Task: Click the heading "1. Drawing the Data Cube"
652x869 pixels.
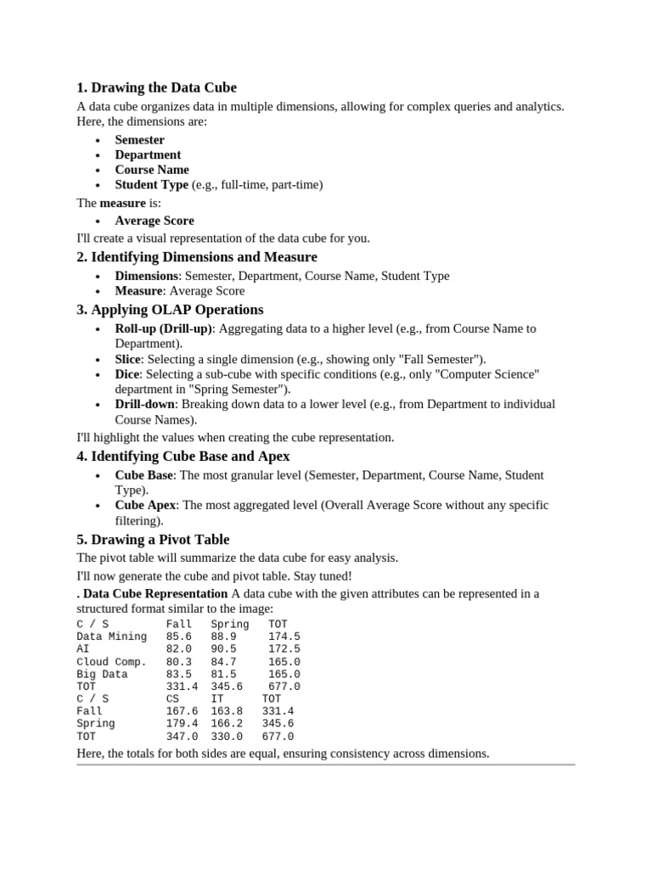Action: click(156, 87)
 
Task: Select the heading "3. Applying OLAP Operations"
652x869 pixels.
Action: click(170, 309)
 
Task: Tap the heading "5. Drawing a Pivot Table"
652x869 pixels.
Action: click(153, 539)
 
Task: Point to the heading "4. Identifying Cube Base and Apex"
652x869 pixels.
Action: click(183, 456)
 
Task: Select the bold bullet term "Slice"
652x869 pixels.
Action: click(128, 359)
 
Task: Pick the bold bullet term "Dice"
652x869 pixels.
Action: click(127, 374)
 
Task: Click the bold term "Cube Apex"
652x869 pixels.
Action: click(145, 505)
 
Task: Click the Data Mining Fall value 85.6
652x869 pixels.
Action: click(179, 636)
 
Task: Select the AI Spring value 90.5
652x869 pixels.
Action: click(223, 648)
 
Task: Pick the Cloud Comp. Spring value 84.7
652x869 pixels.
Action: click(223, 661)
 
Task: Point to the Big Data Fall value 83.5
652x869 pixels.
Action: click(179, 674)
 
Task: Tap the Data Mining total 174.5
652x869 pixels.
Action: click(284, 636)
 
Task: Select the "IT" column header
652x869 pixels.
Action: click(217, 698)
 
